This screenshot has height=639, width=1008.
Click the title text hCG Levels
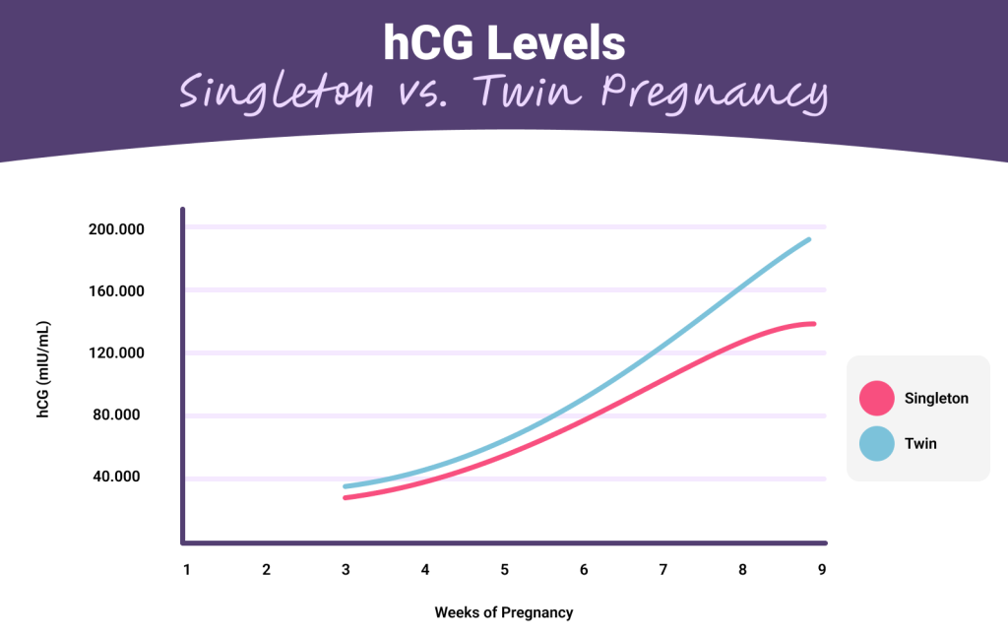(x=503, y=44)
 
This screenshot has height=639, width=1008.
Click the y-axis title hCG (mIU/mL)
(x=43, y=370)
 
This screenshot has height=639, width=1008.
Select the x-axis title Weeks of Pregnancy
(x=503, y=612)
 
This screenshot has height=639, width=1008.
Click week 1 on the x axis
(x=186, y=569)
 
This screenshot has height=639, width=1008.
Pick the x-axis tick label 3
(x=346, y=569)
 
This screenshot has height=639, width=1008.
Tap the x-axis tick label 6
(x=584, y=569)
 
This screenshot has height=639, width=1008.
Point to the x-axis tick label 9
(x=821, y=569)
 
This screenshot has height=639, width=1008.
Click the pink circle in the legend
(x=876, y=399)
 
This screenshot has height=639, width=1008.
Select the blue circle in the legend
(x=876, y=444)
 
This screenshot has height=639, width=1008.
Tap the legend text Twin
(x=920, y=444)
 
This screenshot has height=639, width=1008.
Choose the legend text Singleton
(x=936, y=399)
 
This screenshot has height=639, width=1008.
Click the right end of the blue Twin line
(x=808, y=239)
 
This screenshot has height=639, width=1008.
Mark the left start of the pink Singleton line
(x=346, y=497)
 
